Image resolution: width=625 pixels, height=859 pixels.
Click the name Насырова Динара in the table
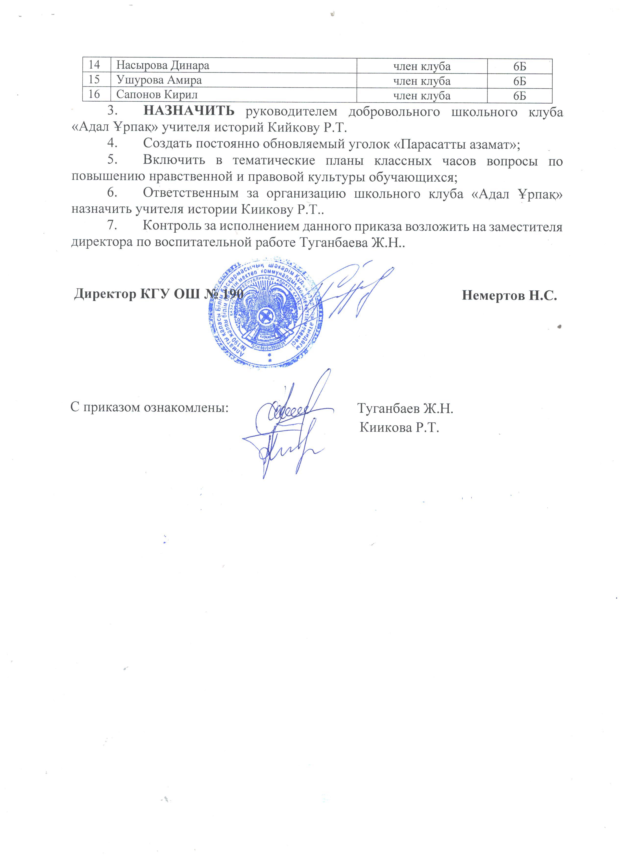(162, 66)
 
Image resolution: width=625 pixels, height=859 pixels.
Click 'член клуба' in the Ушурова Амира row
(422, 81)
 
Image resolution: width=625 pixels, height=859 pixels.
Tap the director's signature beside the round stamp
(352, 292)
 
